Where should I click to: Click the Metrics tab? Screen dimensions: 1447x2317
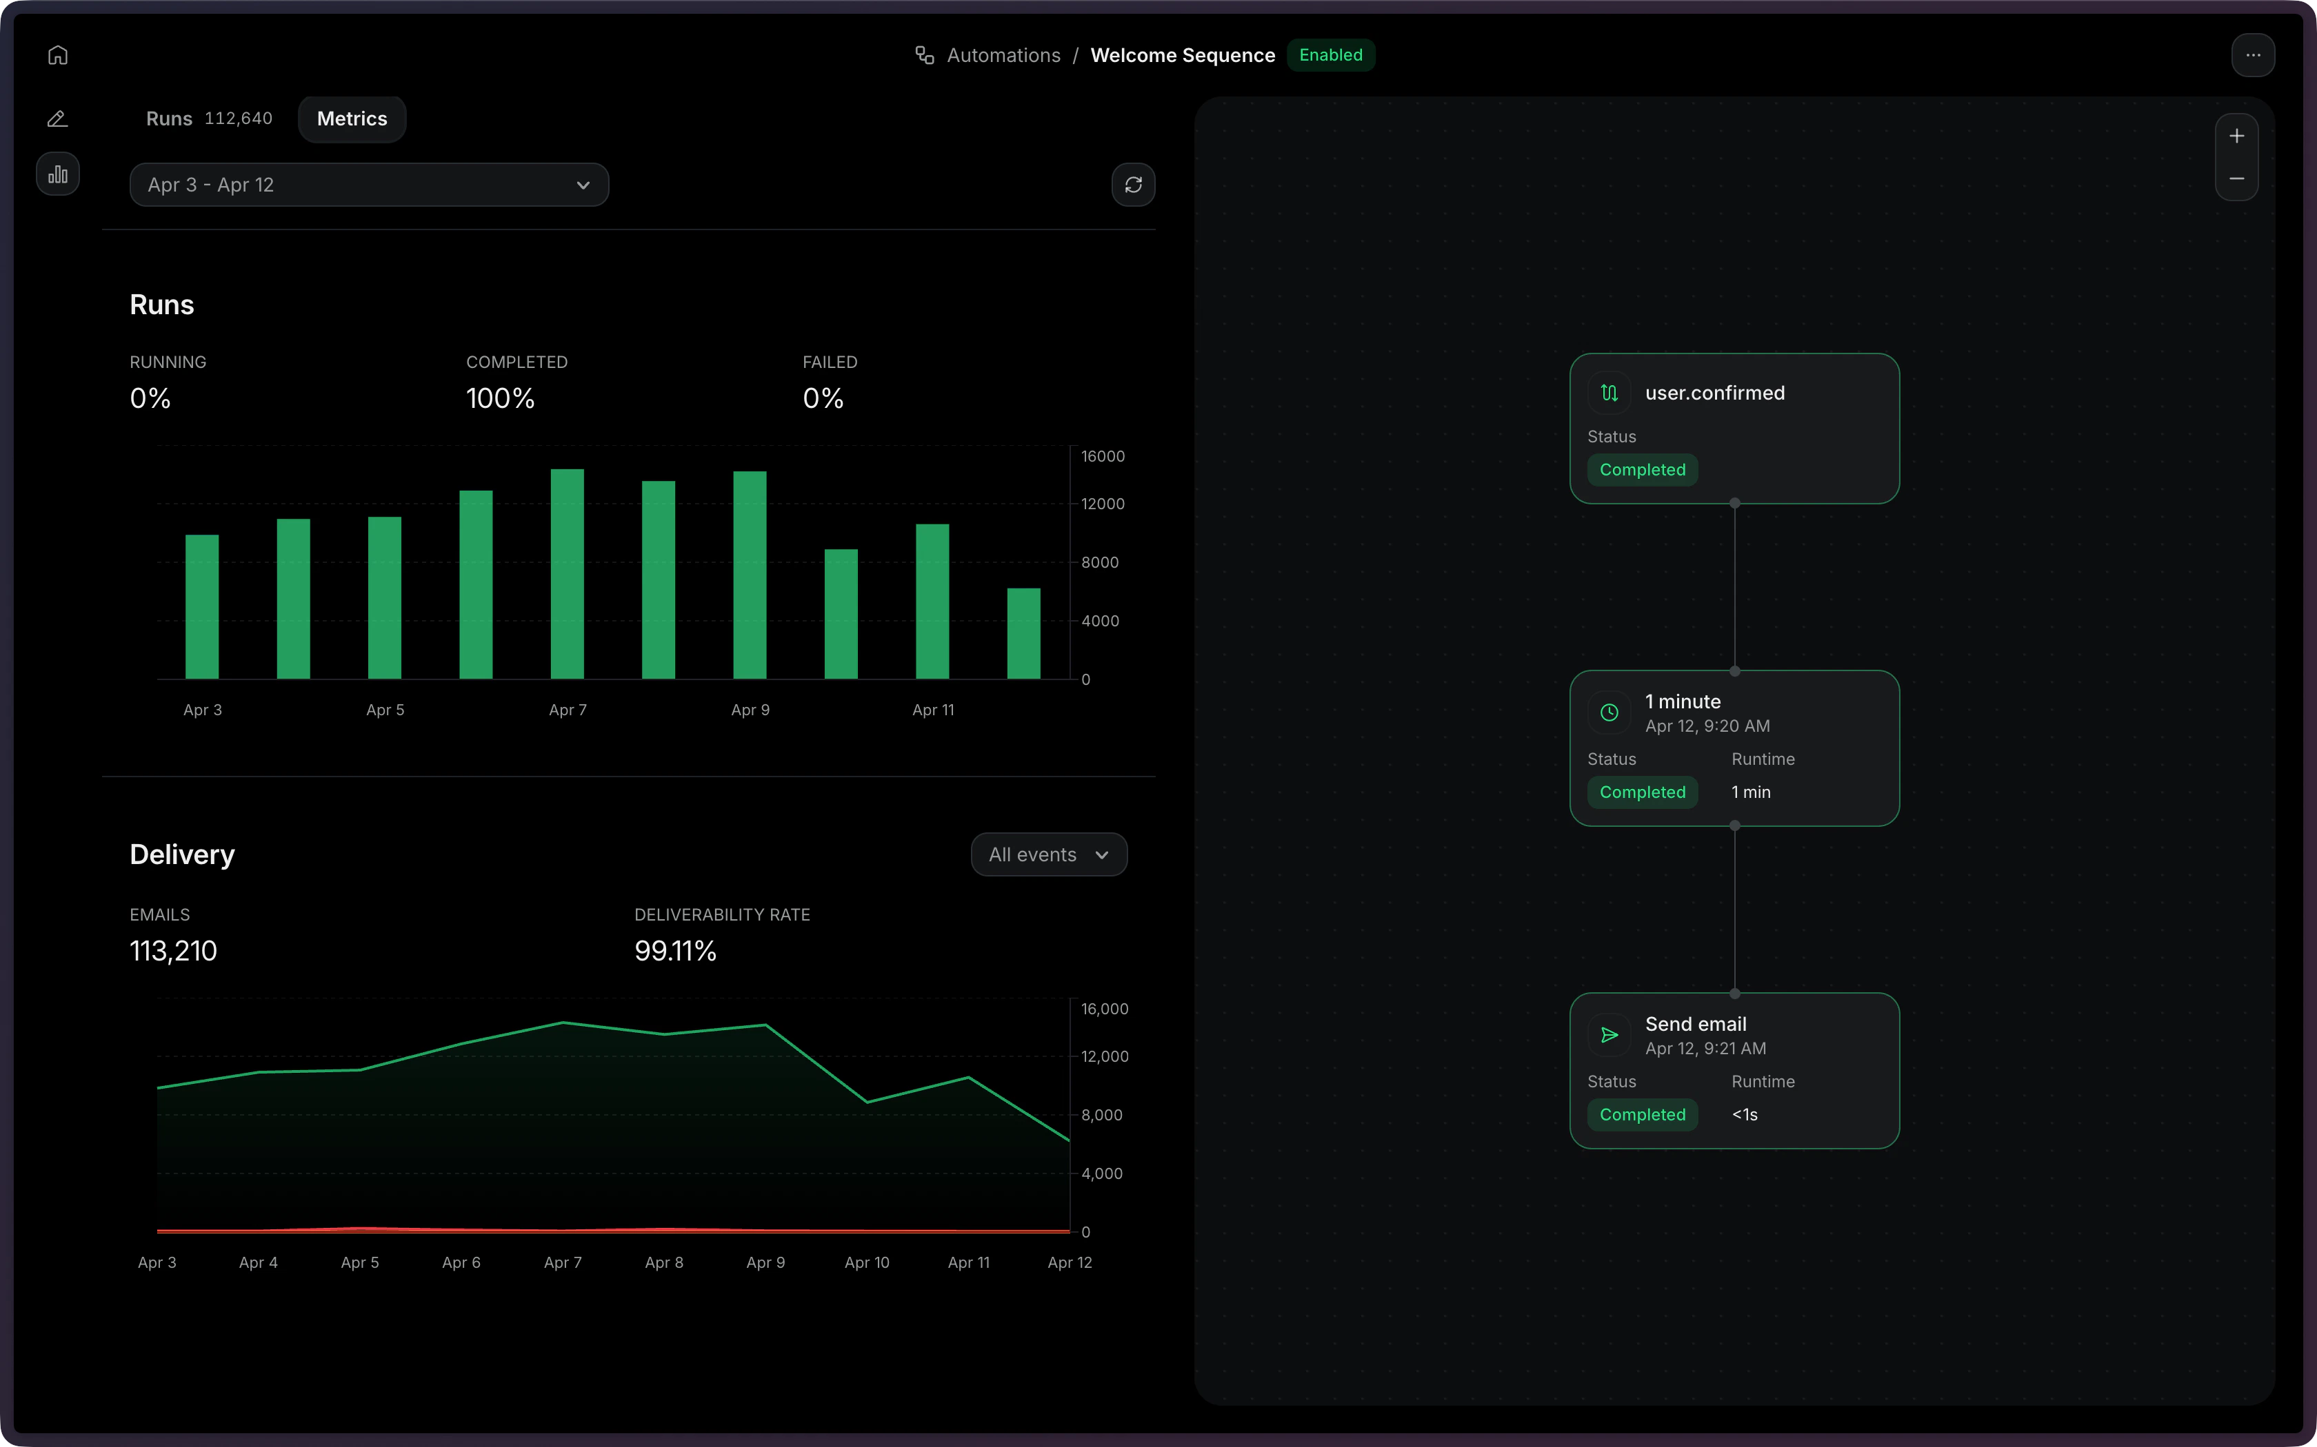352,119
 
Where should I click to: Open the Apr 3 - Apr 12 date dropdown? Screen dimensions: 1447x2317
369,185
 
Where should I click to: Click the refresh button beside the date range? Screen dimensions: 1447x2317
1133,185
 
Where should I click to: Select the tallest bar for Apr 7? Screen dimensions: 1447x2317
567,574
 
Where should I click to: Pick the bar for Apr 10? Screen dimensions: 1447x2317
841,615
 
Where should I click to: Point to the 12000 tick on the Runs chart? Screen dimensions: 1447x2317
1102,504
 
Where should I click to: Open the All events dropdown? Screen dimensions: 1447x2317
1048,854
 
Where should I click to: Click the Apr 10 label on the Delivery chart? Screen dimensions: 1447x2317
867,1262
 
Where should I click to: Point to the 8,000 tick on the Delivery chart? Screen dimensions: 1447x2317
1101,1115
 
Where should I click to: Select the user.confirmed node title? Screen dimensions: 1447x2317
1714,393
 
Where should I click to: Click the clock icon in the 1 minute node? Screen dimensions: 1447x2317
1609,712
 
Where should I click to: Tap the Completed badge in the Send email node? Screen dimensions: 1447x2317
1642,1115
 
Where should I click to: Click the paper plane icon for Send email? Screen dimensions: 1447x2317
1609,1034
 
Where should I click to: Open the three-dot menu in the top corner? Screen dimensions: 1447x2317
2252,56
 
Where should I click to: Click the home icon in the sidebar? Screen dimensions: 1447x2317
57,56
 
